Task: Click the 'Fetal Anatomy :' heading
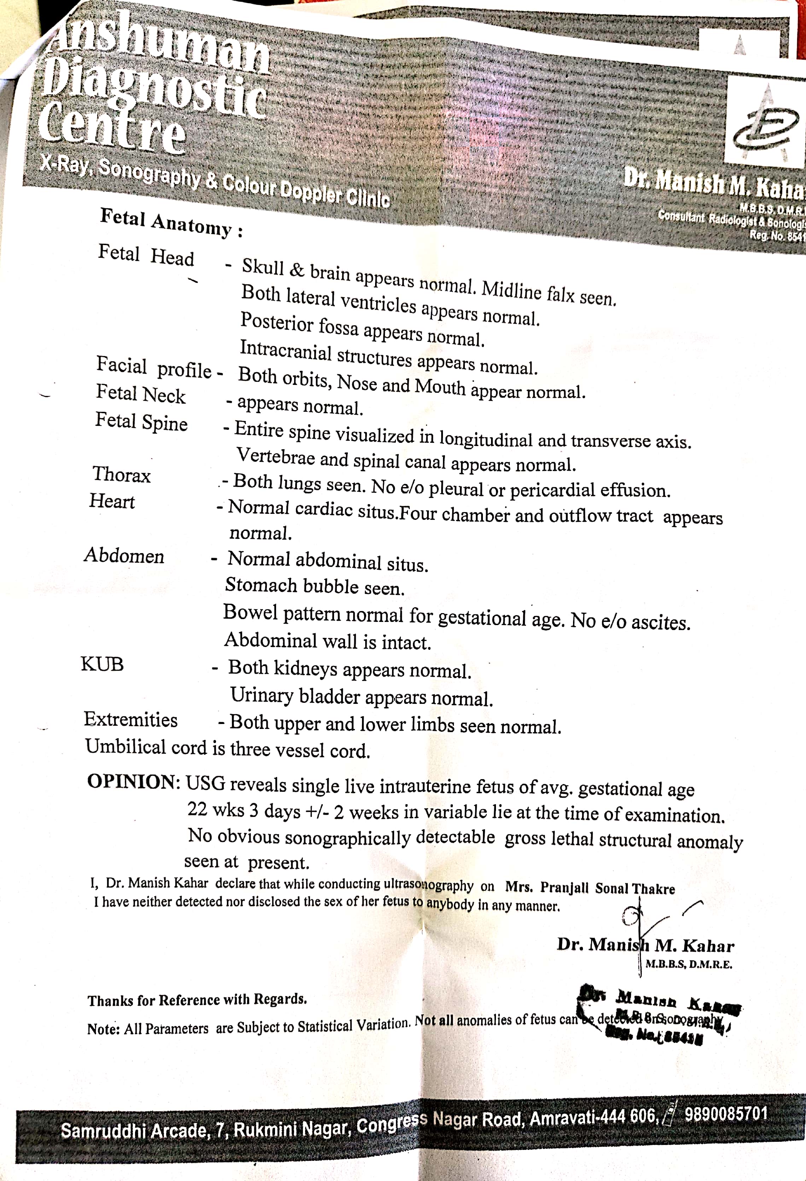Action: [x=171, y=222]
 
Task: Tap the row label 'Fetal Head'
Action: [x=146, y=255]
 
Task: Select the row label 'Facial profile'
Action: [x=153, y=367]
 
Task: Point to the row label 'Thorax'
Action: [x=122, y=474]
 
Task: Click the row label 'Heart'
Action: [x=112, y=501]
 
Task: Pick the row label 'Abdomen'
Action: [x=124, y=556]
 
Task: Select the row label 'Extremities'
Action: [x=131, y=719]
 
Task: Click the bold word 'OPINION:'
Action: [x=134, y=782]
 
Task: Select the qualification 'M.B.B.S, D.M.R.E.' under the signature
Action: [x=689, y=964]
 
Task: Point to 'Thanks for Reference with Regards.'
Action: [x=197, y=999]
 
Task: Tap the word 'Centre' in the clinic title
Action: [x=112, y=125]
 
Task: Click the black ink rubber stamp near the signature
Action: [x=659, y=1014]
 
